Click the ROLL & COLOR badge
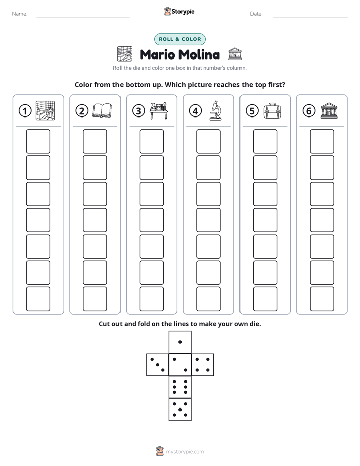[x=179, y=39]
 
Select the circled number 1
[x=25, y=111]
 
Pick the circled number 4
[x=195, y=111]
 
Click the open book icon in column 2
[x=102, y=110]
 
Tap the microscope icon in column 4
[x=215, y=110]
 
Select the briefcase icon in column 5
[x=272, y=111]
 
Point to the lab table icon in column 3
[x=159, y=110]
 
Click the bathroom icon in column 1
[x=45, y=110]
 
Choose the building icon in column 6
[x=329, y=111]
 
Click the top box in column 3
[x=151, y=141]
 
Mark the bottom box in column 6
[x=322, y=299]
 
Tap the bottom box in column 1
[x=38, y=299]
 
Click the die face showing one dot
[x=180, y=342]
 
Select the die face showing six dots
[x=180, y=387]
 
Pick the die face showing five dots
[x=180, y=409]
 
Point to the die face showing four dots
[x=203, y=364]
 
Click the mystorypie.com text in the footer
[x=185, y=452]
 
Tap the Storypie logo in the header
[x=179, y=11]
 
